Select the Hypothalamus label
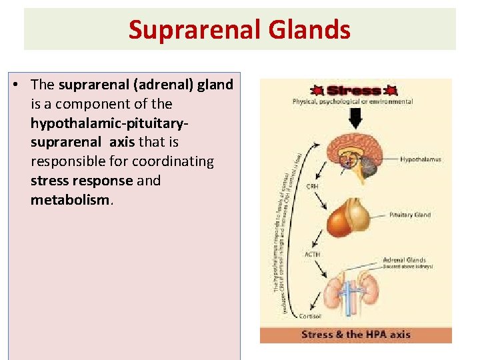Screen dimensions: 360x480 421,160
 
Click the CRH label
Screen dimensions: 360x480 311,187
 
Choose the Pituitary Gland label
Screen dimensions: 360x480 409,215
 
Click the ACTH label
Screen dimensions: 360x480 313,254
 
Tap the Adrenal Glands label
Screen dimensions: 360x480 405,259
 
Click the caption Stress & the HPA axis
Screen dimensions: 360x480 355,335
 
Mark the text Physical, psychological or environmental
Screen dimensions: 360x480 353,102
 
